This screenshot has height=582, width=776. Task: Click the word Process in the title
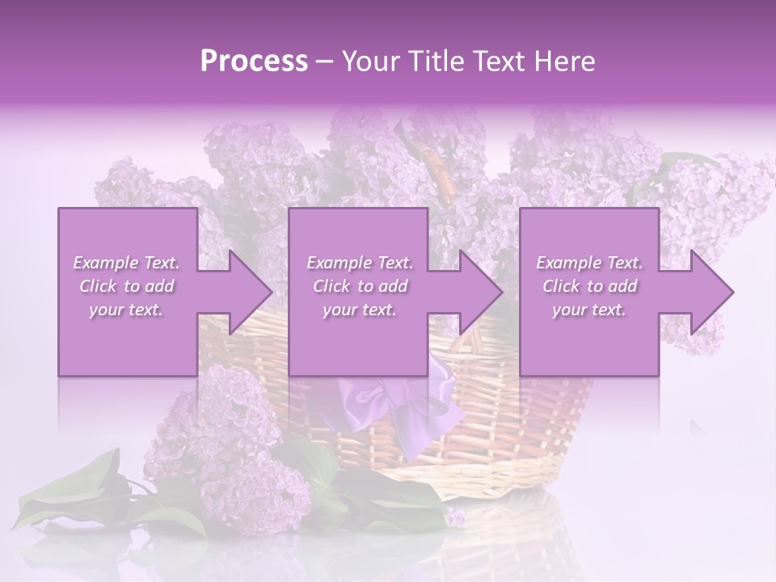(254, 61)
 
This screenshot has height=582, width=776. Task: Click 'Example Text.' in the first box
(127, 263)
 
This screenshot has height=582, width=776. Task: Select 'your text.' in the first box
(127, 310)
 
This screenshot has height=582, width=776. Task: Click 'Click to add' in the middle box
(360, 286)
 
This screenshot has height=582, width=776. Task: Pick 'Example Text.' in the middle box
(360, 263)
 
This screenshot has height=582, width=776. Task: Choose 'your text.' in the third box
(589, 310)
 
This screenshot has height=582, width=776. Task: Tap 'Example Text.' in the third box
(589, 263)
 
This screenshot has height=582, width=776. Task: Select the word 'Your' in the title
(370, 61)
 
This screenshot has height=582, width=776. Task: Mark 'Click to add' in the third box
(589, 286)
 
